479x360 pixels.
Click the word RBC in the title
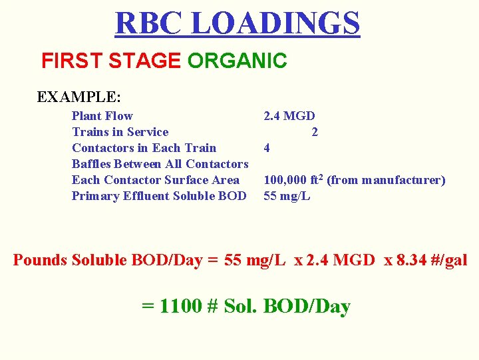[x=148, y=23]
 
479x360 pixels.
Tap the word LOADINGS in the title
[x=275, y=23]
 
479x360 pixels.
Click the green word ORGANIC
[x=237, y=61]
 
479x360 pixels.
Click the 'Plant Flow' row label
[x=102, y=116]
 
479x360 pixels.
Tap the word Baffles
[x=93, y=164]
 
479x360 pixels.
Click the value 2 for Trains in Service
[x=315, y=132]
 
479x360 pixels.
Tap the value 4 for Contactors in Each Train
[x=267, y=148]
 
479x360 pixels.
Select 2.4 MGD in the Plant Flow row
[x=289, y=116]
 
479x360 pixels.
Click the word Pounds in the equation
[x=41, y=260]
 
